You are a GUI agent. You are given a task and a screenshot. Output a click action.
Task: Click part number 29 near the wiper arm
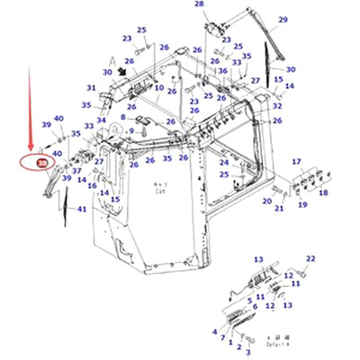283,20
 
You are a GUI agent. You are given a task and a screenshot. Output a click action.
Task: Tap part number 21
280,209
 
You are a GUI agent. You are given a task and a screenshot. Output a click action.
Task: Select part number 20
265,202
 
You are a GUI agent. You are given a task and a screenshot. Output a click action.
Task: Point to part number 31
91,87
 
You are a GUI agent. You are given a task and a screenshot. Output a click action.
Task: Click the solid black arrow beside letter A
122,68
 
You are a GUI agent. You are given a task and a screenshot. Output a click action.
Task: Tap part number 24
223,163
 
